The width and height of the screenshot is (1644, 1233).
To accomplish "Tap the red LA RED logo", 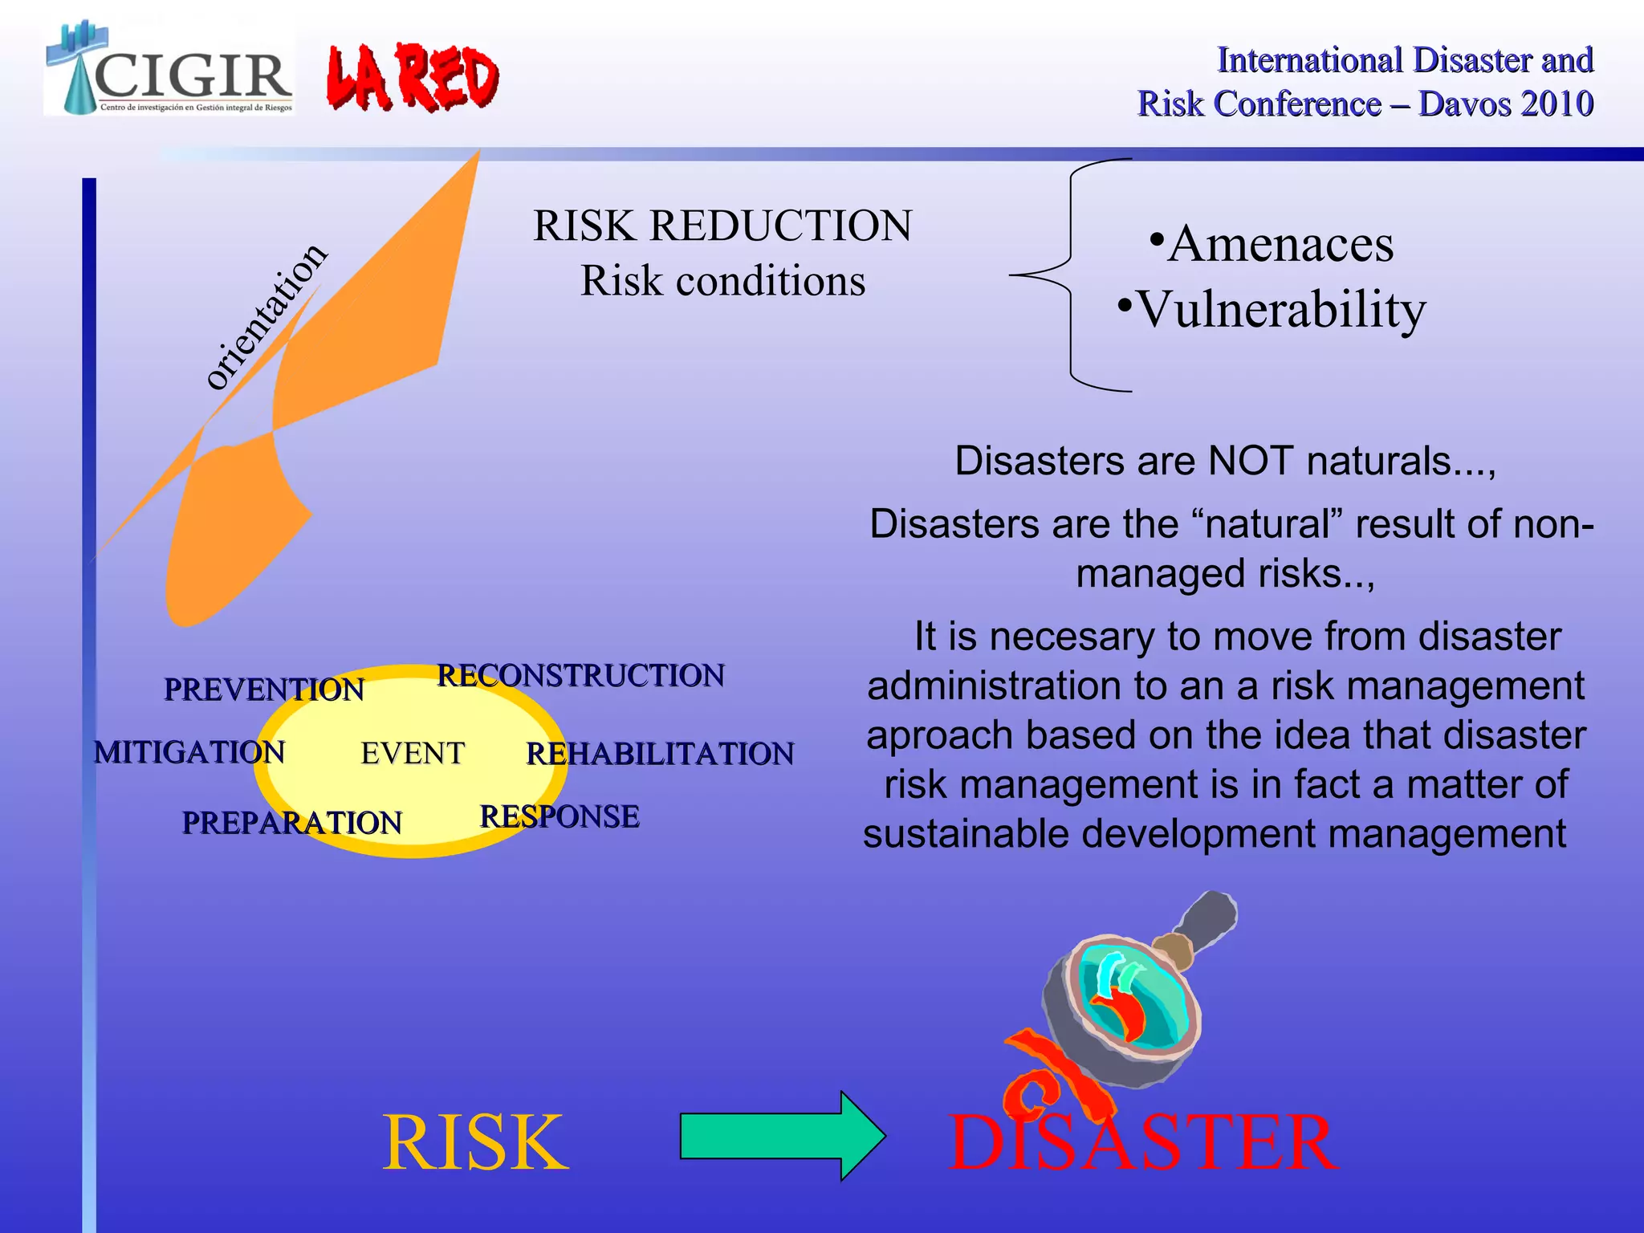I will pos(413,78).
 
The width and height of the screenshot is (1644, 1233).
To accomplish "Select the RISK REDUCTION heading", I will pos(722,226).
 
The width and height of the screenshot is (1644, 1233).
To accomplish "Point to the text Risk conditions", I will pos(722,282).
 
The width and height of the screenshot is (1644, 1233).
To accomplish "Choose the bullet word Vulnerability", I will pos(1281,310).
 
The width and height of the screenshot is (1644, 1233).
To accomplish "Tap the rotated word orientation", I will pos(266,316).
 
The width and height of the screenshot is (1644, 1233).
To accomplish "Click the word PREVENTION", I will pos(264,690).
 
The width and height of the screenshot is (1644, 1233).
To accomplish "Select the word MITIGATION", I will pos(189,752).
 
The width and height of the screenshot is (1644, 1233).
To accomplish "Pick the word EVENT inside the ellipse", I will pos(413,753).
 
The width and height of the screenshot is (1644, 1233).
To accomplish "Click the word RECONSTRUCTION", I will pos(580,676).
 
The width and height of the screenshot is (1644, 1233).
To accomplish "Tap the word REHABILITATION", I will pos(660,754).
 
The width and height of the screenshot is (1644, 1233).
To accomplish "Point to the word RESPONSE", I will pos(560,816).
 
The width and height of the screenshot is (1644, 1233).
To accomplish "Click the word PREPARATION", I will pos(291,823).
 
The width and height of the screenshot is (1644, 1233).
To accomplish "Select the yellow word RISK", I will pos(475,1142).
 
